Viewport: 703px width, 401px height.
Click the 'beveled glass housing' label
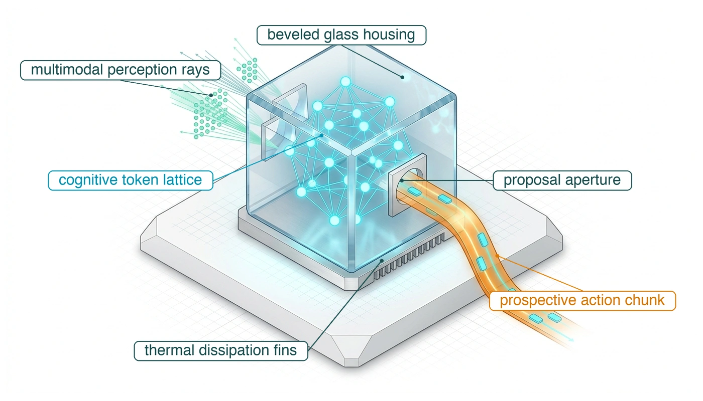pyautogui.click(x=341, y=35)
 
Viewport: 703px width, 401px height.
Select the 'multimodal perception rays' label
pyautogui.click(x=121, y=70)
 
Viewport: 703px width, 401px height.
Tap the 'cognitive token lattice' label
pyautogui.click(x=131, y=180)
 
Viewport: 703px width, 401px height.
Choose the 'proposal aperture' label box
pyautogui.click(x=562, y=180)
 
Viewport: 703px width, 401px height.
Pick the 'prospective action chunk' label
pyautogui.click(x=582, y=301)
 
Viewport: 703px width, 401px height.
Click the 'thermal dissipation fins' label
pyautogui.click(x=221, y=351)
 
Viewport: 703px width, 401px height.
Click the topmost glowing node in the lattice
pyautogui.click(x=345, y=82)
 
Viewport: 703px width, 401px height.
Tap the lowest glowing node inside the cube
pyautogui.click(x=334, y=221)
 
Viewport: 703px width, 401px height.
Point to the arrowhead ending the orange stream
pyautogui.click(x=572, y=340)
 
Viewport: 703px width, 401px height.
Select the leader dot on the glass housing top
pyautogui.click(x=402, y=77)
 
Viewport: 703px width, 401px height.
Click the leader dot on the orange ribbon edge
pyautogui.click(x=497, y=256)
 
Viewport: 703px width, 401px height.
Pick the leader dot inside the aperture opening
pyautogui.click(x=402, y=180)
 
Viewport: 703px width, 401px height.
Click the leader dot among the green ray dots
pyautogui.click(x=211, y=95)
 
